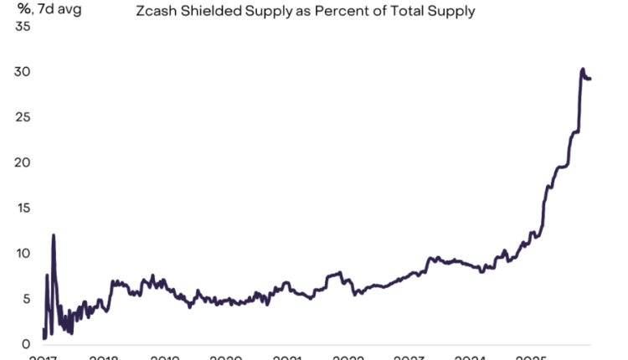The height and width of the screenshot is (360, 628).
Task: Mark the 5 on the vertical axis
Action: pos(26,298)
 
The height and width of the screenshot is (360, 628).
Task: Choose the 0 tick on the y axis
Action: pos(26,343)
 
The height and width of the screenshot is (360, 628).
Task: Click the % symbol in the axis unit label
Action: pos(23,10)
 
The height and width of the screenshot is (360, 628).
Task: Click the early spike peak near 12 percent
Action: pos(54,235)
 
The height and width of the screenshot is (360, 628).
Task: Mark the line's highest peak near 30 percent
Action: pos(582,69)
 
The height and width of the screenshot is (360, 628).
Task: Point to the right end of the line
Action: pos(590,80)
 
